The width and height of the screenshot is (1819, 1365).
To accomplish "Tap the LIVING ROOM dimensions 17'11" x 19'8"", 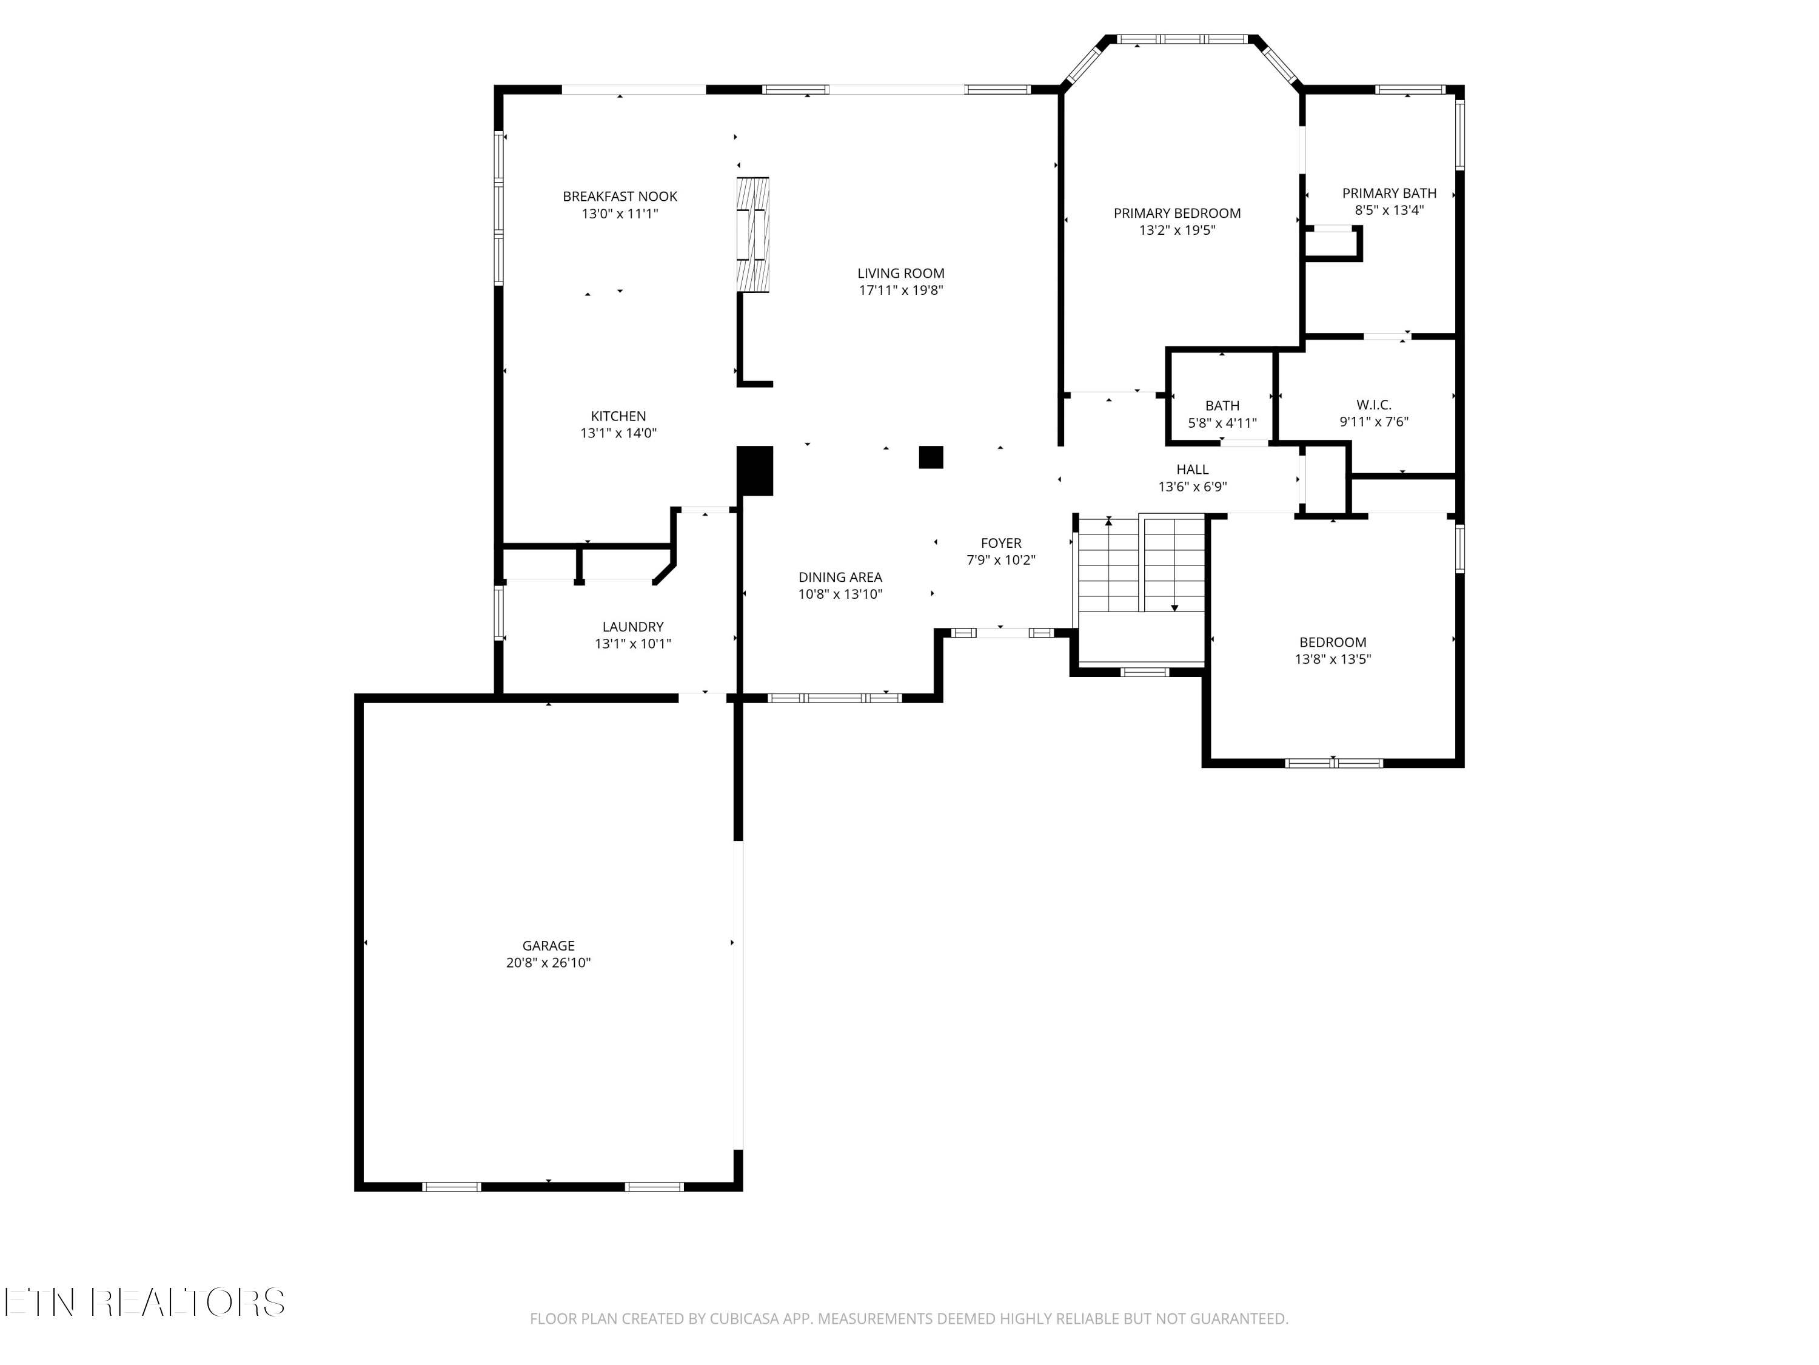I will pyautogui.click(x=900, y=291).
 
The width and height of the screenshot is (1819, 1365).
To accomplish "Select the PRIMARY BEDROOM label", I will pyautogui.click(x=1177, y=213).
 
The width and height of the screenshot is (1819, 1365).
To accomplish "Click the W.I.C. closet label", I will pyautogui.click(x=1373, y=405).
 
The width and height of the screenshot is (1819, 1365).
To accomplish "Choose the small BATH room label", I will pyautogui.click(x=1222, y=406).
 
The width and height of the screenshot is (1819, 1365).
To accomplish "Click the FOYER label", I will pyautogui.click(x=1001, y=543).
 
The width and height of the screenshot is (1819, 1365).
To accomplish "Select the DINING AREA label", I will pyautogui.click(x=840, y=577).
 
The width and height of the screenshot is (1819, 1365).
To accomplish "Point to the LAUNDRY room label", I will pyautogui.click(x=632, y=627).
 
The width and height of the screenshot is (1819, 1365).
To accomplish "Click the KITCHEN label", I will pyautogui.click(x=618, y=416).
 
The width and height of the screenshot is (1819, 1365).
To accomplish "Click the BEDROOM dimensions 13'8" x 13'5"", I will pyautogui.click(x=1332, y=659).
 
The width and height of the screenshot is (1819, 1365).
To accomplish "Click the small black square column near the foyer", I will pyautogui.click(x=930, y=457).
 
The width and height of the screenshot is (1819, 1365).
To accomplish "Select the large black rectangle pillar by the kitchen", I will pyautogui.click(x=754, y=471).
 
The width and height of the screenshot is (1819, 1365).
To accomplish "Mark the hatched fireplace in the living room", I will pyautogui.click(x=752, y=235).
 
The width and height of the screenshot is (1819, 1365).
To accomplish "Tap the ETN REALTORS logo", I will pyautogui.click(x=144, y=1303).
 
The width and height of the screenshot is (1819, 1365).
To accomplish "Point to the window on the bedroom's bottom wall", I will pyautogui.click(x=1333, y=763).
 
